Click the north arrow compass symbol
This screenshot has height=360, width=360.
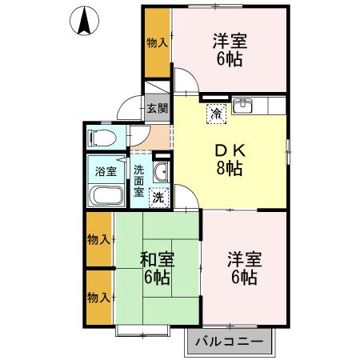pyautogui.click(x=84, y=21)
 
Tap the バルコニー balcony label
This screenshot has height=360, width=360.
pyautogui.click(x=229, y=342)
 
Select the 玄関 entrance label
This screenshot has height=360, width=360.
pyautogui.click(x=158, y=108)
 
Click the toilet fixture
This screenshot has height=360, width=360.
pyautogui.click(x=103, y=138)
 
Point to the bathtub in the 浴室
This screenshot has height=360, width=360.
pyautogui.click(x=106, y=195)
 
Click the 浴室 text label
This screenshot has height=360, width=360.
pyautogui.click(x=106, y=171)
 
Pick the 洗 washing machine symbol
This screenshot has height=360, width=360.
pyautogui.click(x=159, y=198)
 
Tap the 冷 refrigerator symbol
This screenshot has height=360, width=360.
pyautogui.click(x=216, y=114)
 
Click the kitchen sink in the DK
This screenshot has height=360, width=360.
pyautogui.click(x=242, y=106)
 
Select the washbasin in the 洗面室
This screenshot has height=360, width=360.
pyautogui.click(x=161, y=171)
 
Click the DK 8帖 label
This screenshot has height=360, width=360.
pyautogui.click(x=230, y=159)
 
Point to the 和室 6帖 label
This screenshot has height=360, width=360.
pyautogui.click(x=157, y=269)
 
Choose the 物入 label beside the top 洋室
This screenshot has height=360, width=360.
pyautogui.click(x=158, y=42)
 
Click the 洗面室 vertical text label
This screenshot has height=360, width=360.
pyautogui.click(x=138, y=181)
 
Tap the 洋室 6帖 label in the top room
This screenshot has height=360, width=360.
pyautogui.click(x=230, y=50)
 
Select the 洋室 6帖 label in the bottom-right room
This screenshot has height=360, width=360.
pyautogui.click(x=245, y=268)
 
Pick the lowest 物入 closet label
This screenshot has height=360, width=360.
pyautogui.click(x=98, y=298)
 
